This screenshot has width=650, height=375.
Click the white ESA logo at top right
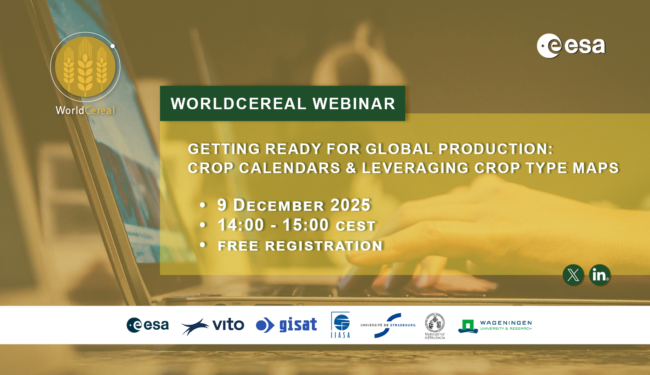pyautogui.click(x=571, y=46)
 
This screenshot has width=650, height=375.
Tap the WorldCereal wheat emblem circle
pyautogui.click(x=85, y=67)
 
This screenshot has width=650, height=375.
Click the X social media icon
pyautogui.click(x=573, y=275)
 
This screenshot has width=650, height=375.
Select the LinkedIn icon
pyautogui.click(x=599, y=275)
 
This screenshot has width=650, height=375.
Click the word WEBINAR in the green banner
pyautogui.click(x=354, y=104)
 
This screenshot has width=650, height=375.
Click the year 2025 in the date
pyautogui.click(x=350, y=205)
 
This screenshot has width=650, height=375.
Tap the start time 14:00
pyautogui.click(x=241, y=225)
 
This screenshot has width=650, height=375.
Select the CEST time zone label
pyautogui.click(x=355, y=226)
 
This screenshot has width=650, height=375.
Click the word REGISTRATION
pyautogui.click(x=324, y=246)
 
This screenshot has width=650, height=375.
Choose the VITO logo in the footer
pyautogui.click(x=213, y=325)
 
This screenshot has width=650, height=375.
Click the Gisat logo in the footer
pyautogui.click(x=287, y=325)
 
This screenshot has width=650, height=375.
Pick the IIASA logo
pyautogui.click(x=340, y=325)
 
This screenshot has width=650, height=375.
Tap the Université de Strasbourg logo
pyautogui.click(x=388, y=325)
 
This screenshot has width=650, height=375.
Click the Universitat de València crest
pyautogui.click(x=435, y=325)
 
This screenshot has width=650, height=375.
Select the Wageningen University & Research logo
pyautogui.click(x=495, y=325)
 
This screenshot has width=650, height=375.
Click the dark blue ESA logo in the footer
pyautogui.click(x=147, y=325)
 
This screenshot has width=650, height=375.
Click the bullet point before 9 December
pyautogui.click(x=203, y=205)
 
